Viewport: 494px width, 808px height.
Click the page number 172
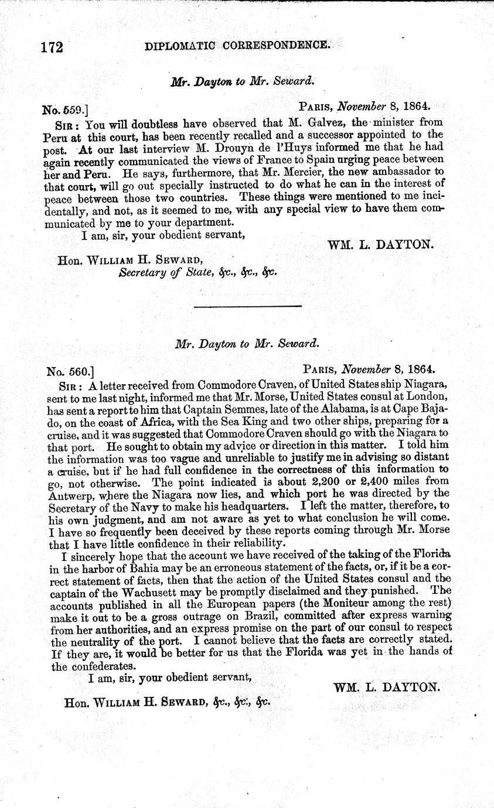pos(52,47)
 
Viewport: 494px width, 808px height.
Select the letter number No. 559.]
pos(66,109)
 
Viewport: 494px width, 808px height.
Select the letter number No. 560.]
pos(70,370)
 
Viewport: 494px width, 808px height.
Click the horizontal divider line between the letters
pos(247,306)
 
